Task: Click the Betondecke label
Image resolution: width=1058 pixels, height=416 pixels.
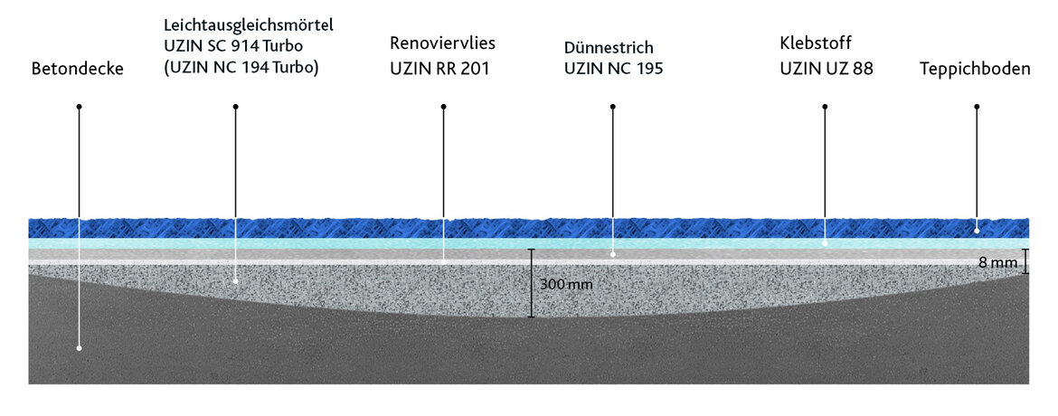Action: point(78,69)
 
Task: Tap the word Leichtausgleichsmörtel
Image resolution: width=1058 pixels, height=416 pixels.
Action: point(249,25)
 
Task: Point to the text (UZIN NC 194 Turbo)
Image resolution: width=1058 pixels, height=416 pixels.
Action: point(241,68)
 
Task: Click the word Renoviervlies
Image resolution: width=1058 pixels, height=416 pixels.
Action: point(442,44)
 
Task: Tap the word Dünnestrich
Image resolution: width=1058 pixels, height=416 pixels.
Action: point(609,48)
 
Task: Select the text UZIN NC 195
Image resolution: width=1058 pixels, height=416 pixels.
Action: point(613,69)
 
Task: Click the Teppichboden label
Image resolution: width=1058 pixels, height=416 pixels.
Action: point(975,69)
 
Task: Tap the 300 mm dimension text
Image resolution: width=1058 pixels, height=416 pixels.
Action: point(566,284)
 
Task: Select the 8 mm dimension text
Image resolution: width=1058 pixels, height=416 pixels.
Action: point(998,262)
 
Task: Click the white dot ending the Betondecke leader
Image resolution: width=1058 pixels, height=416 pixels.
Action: point(79,348)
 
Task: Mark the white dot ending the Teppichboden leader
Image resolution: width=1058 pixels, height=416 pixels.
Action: point(977,231)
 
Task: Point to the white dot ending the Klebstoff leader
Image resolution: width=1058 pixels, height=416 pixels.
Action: point(825,242)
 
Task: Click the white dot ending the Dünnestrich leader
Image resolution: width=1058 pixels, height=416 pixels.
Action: point(613,255)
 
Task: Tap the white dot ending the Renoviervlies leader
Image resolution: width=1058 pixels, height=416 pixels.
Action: point(443,261)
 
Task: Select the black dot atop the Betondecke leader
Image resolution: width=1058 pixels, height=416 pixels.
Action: point(79,107)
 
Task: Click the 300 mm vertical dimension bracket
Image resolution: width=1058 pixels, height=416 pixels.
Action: point(532,283)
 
